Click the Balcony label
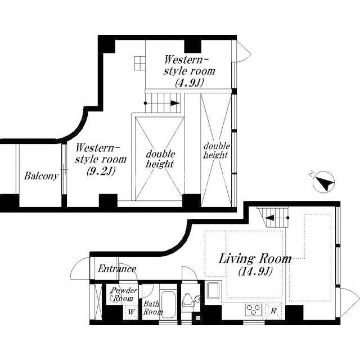tap(41, 176)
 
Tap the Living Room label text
tap(255, 259)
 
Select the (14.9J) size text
tap(255, 271)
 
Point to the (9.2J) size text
tap(101, 171)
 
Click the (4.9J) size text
tap(190, 83)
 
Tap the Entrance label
tap(117, 269)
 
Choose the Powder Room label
tap(124, 294)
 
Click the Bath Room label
tap(152, 308)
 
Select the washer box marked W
tap(131, 312)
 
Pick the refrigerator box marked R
tap(273, 311)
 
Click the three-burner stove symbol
tap(253, 310)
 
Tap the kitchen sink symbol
tap(213, 290)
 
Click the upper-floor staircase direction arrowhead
tap(175, 103)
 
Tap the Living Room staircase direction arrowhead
tap(269, 218)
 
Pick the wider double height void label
tap(160, 159)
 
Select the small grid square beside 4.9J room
tap(140, 63)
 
